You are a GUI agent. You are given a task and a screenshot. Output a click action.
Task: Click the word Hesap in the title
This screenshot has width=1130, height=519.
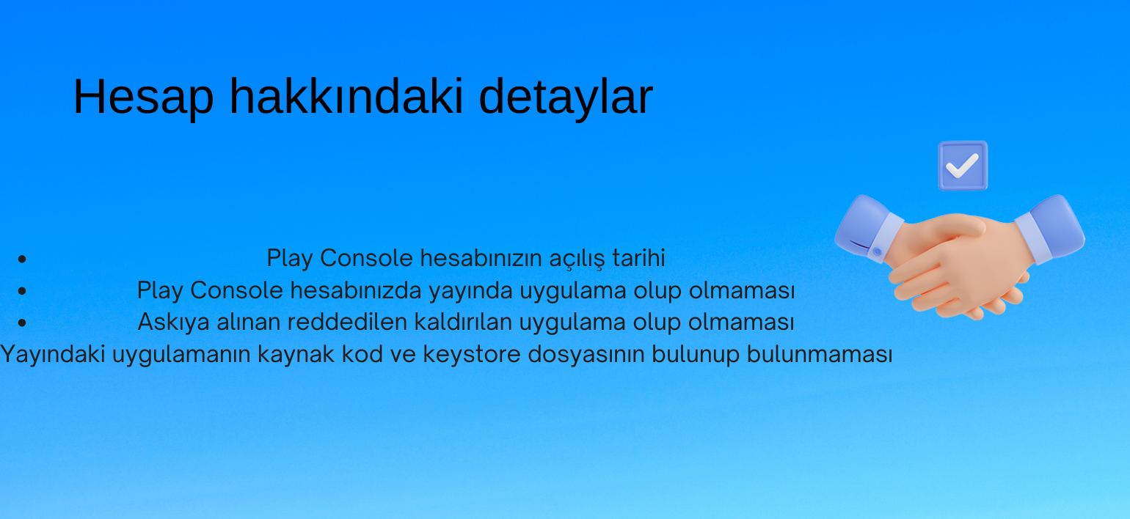tap(144, 97)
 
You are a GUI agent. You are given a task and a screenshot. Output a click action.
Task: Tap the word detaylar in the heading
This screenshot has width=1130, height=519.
tap(566, 97)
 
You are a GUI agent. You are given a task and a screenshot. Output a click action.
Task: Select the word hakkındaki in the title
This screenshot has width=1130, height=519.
tap(346, 96)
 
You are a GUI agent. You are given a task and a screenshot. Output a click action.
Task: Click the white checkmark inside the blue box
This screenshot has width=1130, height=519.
tap(962, 166)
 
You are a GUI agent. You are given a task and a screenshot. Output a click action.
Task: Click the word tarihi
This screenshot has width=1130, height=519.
tap(638, 257)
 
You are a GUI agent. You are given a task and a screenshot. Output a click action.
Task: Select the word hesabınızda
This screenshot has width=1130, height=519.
tap(356, 290)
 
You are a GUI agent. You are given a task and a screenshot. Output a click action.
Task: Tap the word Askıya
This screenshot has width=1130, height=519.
tap(173, 323)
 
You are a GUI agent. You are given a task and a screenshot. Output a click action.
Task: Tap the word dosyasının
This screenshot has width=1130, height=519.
tap(586, 354)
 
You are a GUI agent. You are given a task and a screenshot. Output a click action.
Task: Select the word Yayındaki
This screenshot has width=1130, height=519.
tap(53, 354)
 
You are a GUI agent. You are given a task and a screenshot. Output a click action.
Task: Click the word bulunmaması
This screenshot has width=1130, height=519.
tap(820, 354)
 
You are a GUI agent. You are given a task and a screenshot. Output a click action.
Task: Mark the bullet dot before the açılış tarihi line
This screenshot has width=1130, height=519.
tap(22, 259)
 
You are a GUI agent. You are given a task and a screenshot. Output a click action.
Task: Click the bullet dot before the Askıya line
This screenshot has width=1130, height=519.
tap(22, 323)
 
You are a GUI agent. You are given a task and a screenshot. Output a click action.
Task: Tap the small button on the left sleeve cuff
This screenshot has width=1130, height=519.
tap(878, 251)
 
